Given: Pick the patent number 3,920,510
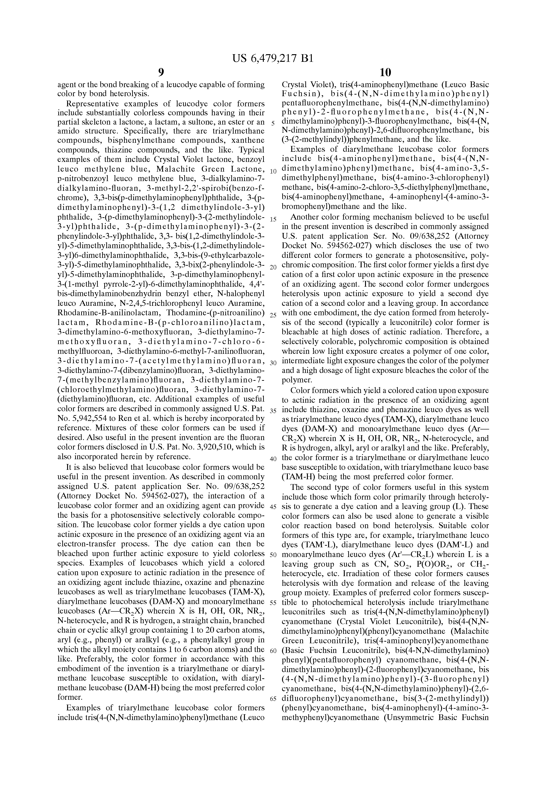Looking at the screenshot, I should tap(212, 447).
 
